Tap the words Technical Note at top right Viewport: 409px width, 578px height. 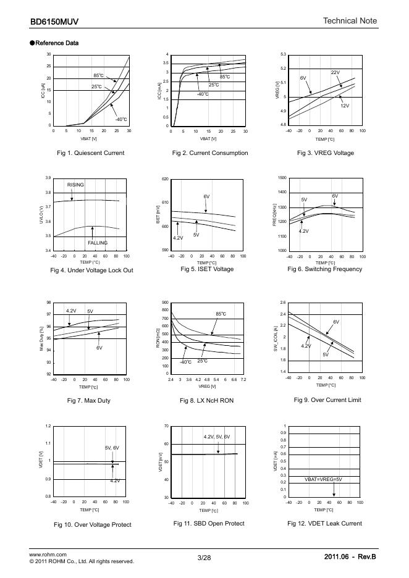(350, 22)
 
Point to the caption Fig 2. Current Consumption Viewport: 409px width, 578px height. (210, 153)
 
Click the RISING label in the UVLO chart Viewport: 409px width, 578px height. (75, 185)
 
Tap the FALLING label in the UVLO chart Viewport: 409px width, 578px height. (97, 243)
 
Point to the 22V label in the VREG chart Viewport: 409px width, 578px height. (335, 72)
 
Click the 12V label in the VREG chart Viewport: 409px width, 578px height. (345, 106)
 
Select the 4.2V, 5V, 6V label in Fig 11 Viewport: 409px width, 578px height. (216, 437)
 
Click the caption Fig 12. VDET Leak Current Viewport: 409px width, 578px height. (324, 523)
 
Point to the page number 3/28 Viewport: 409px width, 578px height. (204, 558)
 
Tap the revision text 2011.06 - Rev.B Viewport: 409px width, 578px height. (350, 558)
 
